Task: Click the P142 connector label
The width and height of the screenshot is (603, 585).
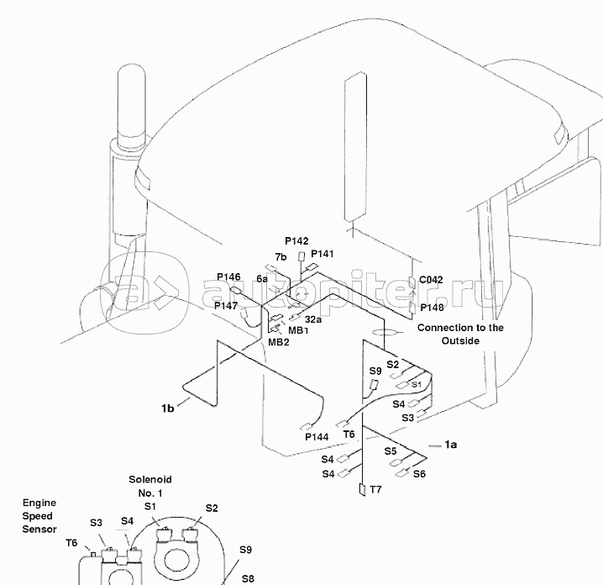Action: coord(296,241)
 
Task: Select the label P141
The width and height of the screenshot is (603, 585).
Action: coord(322,253)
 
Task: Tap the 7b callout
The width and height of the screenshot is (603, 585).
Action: coord(280,256)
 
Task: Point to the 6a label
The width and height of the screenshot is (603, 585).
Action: coord(262,278)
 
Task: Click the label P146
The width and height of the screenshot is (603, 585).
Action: coord(228,277)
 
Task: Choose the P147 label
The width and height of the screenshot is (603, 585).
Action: coord(226,306)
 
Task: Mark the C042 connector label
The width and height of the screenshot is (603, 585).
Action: coord(431,280)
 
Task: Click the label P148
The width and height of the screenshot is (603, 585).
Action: coord(432,308)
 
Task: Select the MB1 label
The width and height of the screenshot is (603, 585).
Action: coord(299,330)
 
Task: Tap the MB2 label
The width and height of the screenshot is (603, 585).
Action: coord(279,342)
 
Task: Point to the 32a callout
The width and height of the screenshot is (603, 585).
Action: coord(313,319)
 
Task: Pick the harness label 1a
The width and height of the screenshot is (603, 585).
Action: coord(451,444)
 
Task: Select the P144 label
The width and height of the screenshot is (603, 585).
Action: coord(317,437)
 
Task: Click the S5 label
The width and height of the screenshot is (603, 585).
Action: coord(391,451)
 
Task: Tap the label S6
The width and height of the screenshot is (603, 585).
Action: coord(419,474)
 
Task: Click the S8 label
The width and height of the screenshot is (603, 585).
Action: coord(248,578)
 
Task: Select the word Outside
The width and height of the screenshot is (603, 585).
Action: coord(460,340)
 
